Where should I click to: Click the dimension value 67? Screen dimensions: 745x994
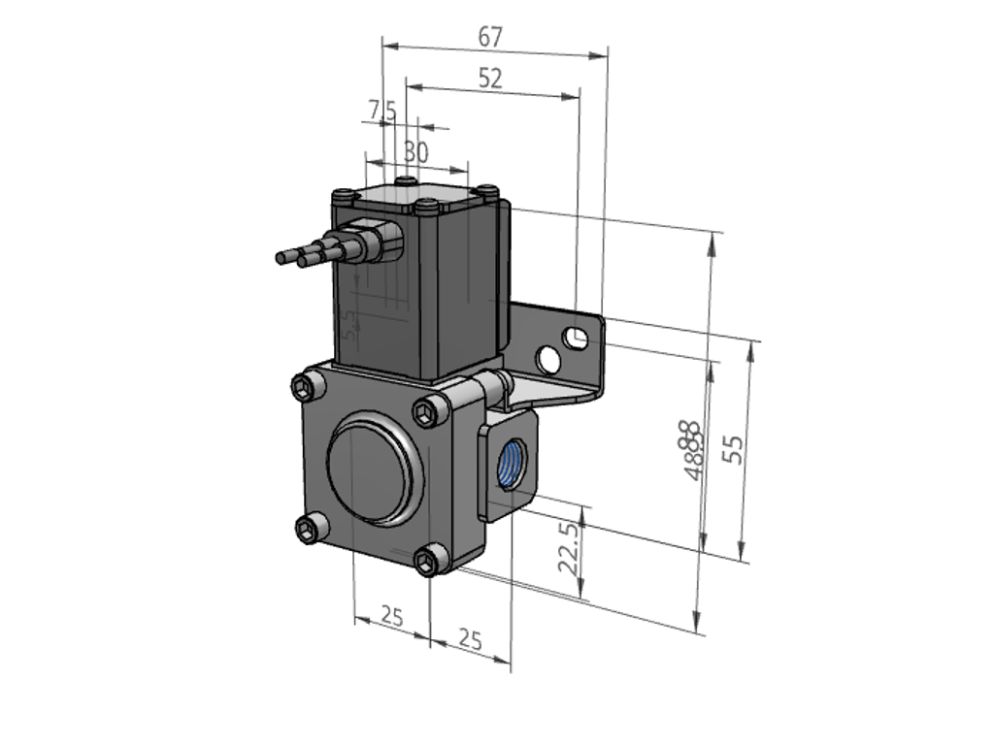(490, 37)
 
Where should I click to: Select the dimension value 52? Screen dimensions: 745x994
(490, 79)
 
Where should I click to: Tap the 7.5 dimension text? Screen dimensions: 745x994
(381, 112)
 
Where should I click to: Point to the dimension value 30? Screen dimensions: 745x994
(415, 152)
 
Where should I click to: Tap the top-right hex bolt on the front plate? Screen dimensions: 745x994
(427, 413)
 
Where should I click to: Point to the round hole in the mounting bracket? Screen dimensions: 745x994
(549, 360)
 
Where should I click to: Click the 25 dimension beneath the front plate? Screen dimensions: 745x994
(391, 615)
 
